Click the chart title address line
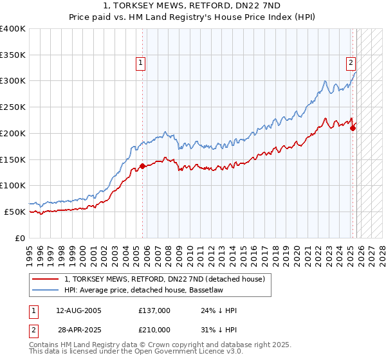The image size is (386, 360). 193,6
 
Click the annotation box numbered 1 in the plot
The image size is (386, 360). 140,62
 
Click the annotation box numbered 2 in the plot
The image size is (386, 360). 351,62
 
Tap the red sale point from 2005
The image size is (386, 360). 142,166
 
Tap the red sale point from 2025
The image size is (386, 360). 353,128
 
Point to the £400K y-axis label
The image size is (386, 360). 13,29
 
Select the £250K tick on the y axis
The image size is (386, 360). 13,107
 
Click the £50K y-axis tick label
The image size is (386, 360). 15,212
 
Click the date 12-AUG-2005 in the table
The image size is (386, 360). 79,310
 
